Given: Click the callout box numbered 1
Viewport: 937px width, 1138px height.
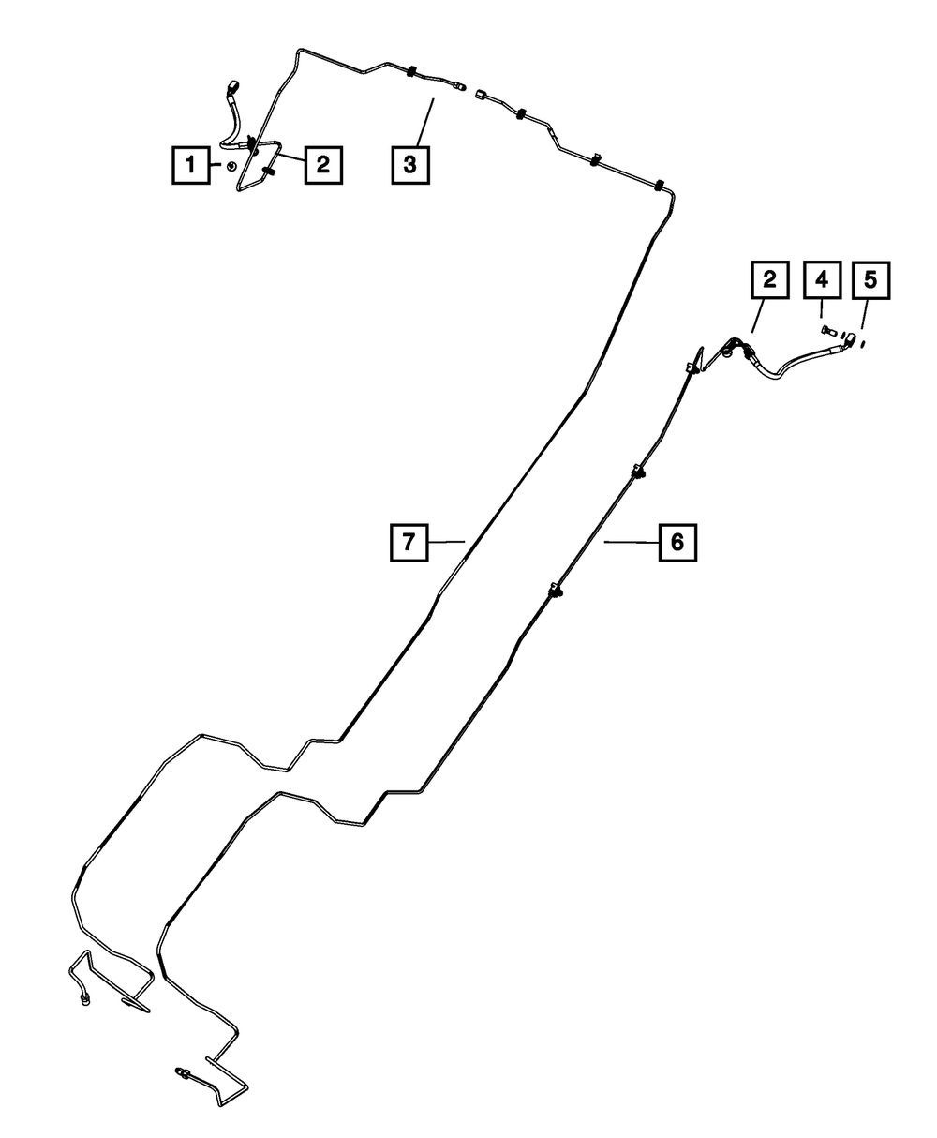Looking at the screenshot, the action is [190, 166].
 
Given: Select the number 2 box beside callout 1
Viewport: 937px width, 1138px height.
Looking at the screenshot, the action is [322, 166].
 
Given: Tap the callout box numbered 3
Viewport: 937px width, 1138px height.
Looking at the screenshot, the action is [409, 166].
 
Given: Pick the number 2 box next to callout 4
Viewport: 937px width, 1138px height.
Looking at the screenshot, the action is [769, 280].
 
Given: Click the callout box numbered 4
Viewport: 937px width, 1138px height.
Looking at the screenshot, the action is [822, 280].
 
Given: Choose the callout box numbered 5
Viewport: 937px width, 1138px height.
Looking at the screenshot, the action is [870, 280].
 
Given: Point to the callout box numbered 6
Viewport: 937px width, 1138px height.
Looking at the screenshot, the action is [677, 541].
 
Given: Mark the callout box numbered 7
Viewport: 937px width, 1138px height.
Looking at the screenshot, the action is [409, 541].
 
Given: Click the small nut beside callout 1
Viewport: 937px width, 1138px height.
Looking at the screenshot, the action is [230, 167].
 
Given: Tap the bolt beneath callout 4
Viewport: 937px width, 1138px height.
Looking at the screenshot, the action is [825, 331].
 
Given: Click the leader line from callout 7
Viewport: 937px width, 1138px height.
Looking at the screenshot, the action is [447, 541].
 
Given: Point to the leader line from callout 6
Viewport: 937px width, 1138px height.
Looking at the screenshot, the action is [630, 541].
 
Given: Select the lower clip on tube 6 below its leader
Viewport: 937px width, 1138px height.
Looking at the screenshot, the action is [556, 591].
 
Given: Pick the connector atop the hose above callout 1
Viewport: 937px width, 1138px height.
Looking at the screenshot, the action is [232, 88].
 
